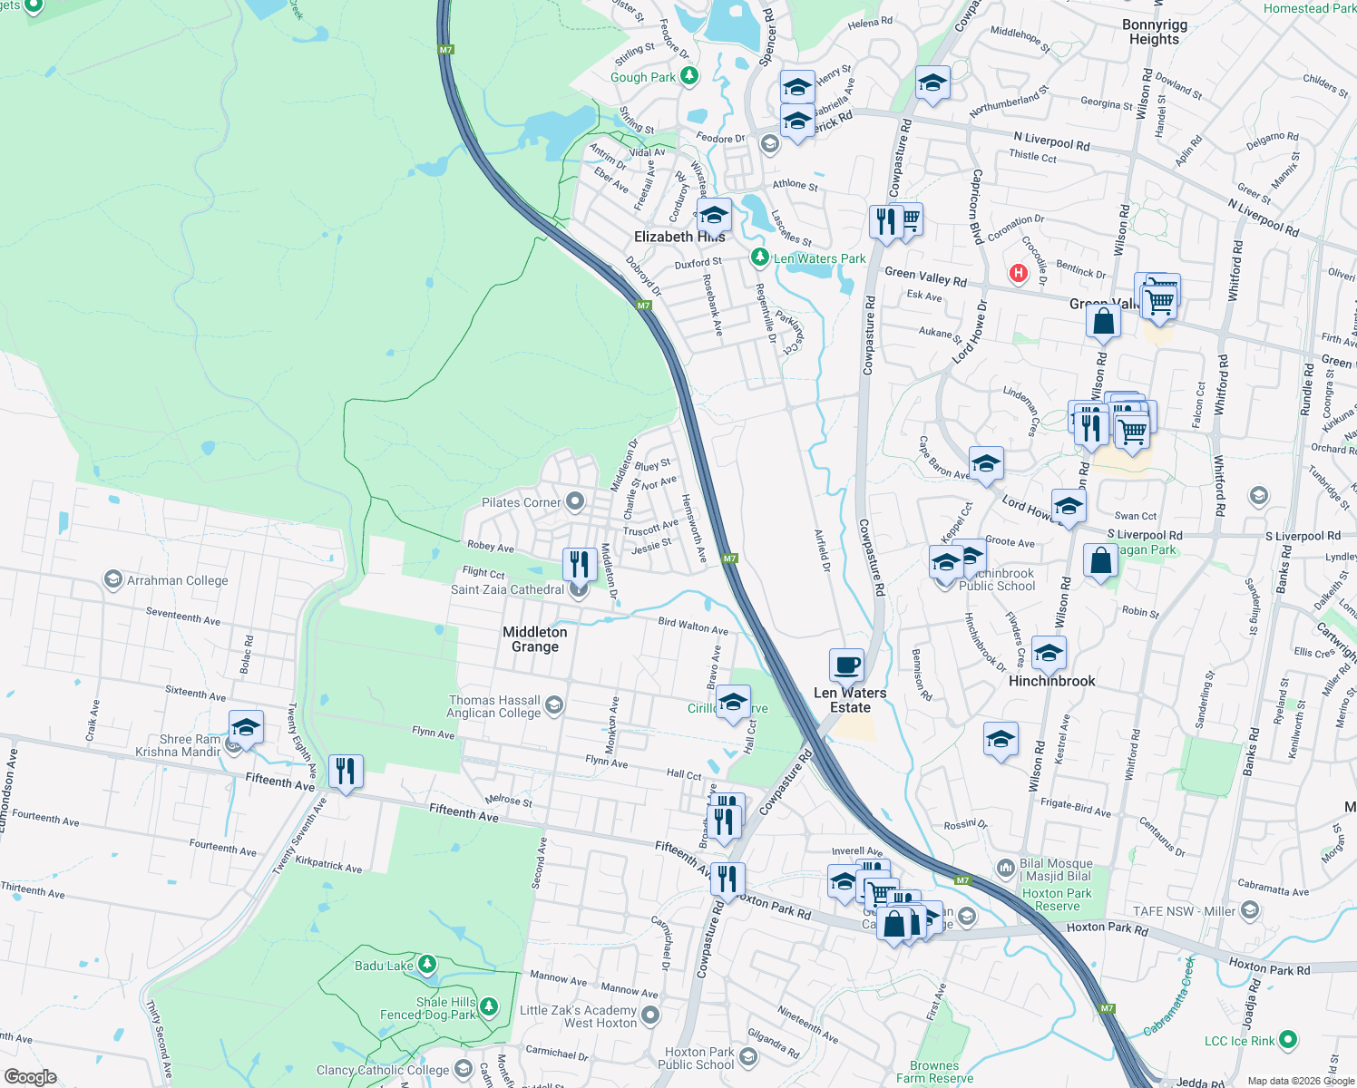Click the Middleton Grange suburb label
(535, 639)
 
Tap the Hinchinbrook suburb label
(1051, 681)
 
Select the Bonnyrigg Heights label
(1154, 32)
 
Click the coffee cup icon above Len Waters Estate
(846, 665)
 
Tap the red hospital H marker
(1018, 272)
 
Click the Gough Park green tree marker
(689, 76)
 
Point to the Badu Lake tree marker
(426, 965)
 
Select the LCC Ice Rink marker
(1288, 1040)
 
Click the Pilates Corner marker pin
(574, 501)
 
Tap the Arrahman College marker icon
(112, 579)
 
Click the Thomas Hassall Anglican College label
(494, 706)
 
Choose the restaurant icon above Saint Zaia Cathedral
(578, 563)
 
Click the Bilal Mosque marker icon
(1005, 869)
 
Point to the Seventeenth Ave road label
(183, 617)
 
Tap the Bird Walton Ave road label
(693, 626)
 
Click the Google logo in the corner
(31, 1076)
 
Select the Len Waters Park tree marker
(760, 257)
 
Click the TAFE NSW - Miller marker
(1250, 909)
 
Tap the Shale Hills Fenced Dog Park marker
(489, 1006)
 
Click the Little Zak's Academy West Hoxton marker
(649, 1015)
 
